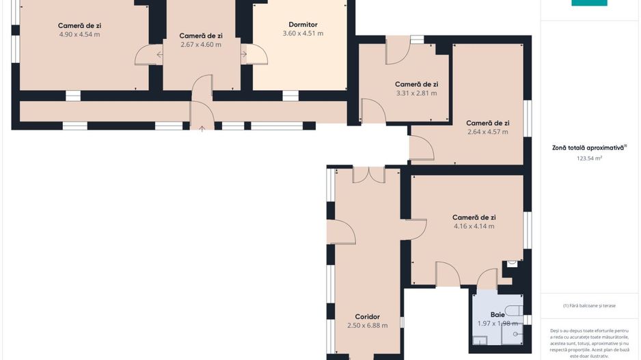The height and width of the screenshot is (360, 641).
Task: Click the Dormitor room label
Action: [303, 25]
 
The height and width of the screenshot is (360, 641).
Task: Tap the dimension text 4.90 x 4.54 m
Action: [79, 34]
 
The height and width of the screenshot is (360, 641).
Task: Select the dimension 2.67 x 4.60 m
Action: [201, 44]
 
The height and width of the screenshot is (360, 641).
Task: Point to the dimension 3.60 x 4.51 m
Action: [303, 33]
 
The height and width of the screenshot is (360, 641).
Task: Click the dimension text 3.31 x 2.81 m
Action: [416, 93]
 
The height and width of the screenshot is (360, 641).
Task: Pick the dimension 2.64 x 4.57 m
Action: [488, 132]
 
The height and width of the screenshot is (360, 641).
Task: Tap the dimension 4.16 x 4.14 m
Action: [474, 226]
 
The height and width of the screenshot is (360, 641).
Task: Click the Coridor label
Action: [367, 317]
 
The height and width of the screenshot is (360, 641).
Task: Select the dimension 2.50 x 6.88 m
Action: [367, 326]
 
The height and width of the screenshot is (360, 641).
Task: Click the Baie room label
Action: [497, 315]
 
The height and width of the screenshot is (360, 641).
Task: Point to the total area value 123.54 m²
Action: [589, 158]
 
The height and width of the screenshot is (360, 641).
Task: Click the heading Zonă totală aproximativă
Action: [588, 148]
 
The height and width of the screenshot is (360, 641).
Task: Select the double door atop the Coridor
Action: [369, 175]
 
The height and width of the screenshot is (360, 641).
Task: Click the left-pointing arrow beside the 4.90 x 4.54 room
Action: [159, 55]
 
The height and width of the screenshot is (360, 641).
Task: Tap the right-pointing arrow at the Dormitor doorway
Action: [244, 54]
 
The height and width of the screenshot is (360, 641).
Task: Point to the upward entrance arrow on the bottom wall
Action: [202, 129]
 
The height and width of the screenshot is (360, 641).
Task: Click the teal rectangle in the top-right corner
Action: [589, 3]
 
